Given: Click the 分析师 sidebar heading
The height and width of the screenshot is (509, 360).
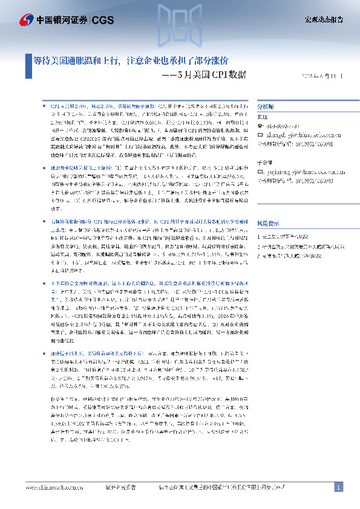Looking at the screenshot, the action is (267, 105).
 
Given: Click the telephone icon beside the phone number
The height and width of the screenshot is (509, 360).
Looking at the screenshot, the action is (260, 126).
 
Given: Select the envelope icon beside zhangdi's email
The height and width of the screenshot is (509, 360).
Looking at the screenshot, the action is (260, 135).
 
